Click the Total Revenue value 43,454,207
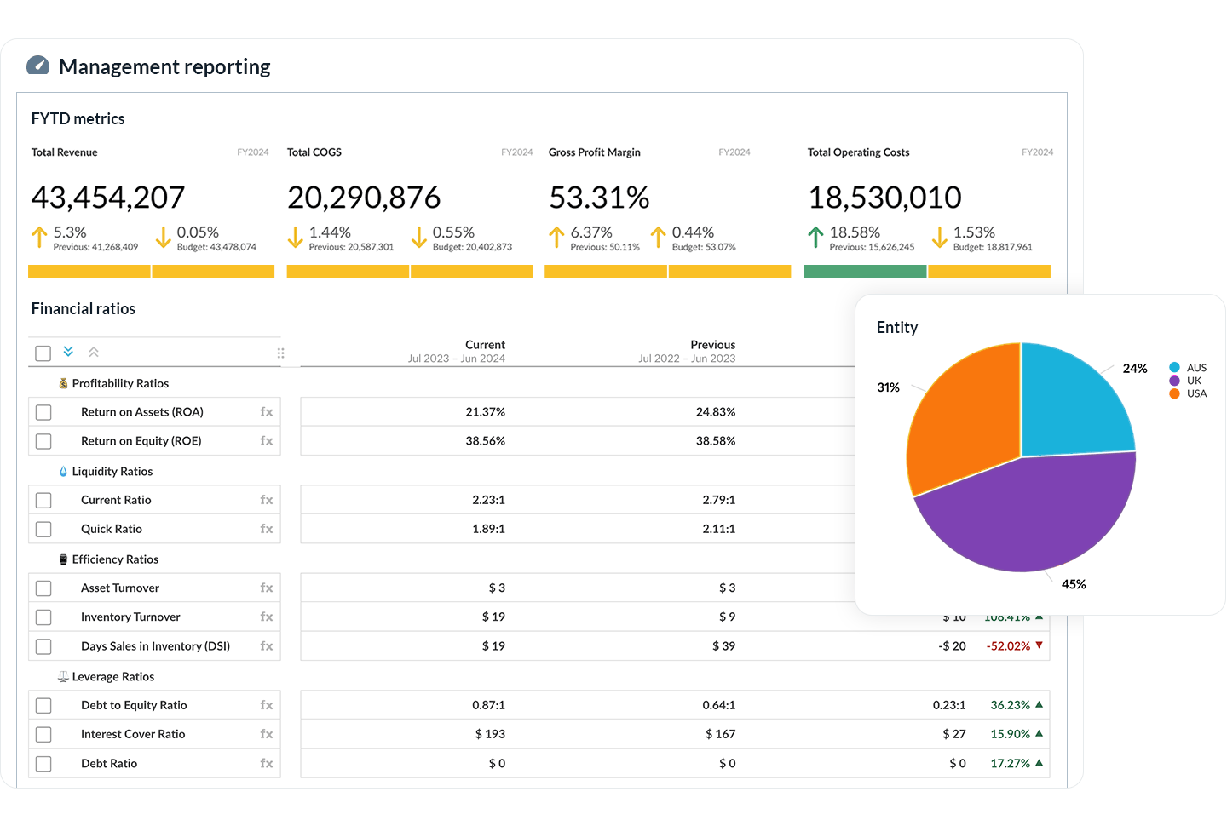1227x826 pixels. [108, 198]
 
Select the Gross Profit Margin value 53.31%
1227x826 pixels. [599, 198]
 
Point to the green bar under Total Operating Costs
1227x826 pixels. [865, 272]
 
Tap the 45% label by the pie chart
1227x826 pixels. [1074, 584]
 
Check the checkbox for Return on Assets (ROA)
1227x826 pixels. [43, 412]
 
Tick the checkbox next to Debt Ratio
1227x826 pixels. [43, 764]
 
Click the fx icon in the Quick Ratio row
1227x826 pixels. [267, 529]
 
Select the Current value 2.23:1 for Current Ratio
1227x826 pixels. [488, 500]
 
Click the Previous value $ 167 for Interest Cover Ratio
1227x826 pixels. [720, 734]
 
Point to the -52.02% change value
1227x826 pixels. [1008, 646]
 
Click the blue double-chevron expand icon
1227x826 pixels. [68, 352]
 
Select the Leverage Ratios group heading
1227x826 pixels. [112, 677]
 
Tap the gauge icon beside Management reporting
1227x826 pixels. [38, 66]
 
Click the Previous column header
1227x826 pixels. [712, 345]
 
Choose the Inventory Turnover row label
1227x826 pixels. [130, 617]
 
